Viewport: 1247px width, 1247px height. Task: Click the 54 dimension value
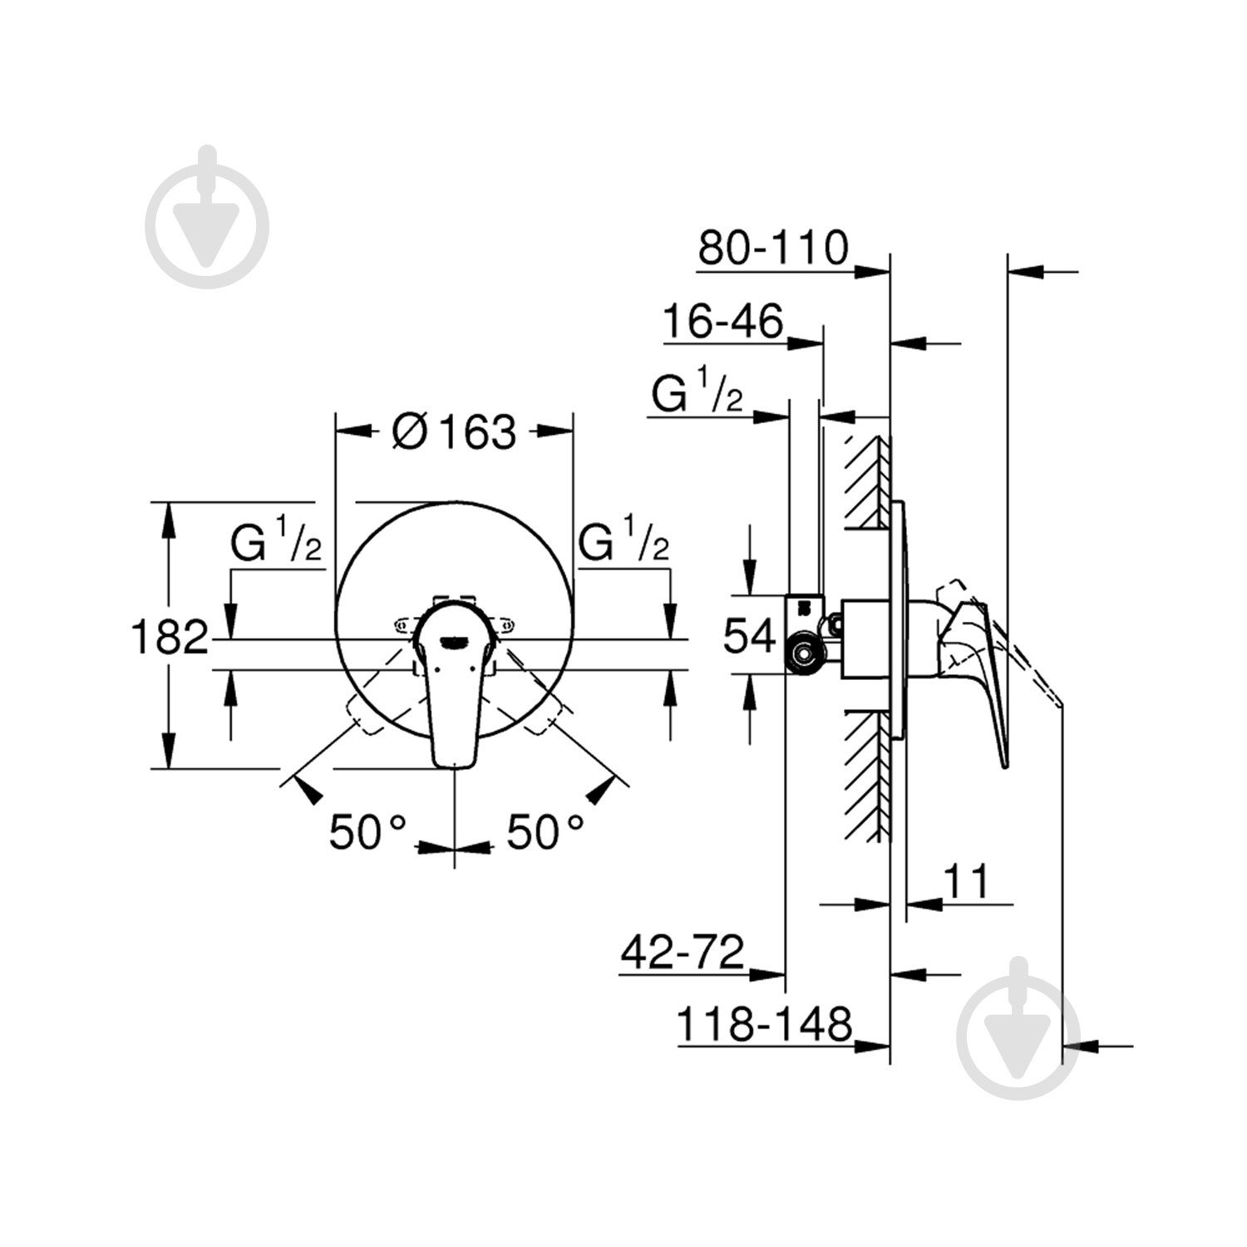click(750, 636)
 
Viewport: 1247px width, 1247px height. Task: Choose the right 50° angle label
click(545, 831)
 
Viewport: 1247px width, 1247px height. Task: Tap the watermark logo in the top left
click(207, 216)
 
